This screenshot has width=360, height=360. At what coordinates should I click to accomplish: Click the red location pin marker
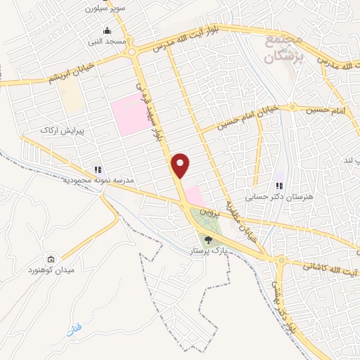(x=181, y=165)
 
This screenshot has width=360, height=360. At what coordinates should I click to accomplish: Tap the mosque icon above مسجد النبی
(x=106, y=31)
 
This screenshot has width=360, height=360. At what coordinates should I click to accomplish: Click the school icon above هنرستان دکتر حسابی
(x=280, y=186)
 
